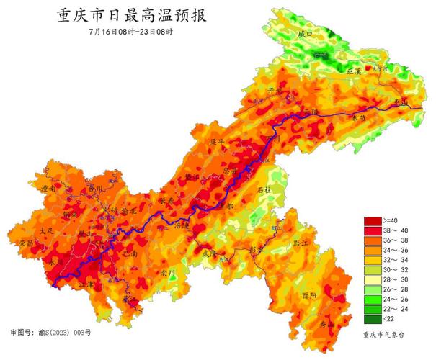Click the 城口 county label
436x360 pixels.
[x=306, y=34]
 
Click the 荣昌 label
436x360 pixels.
[x=27, y=243]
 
